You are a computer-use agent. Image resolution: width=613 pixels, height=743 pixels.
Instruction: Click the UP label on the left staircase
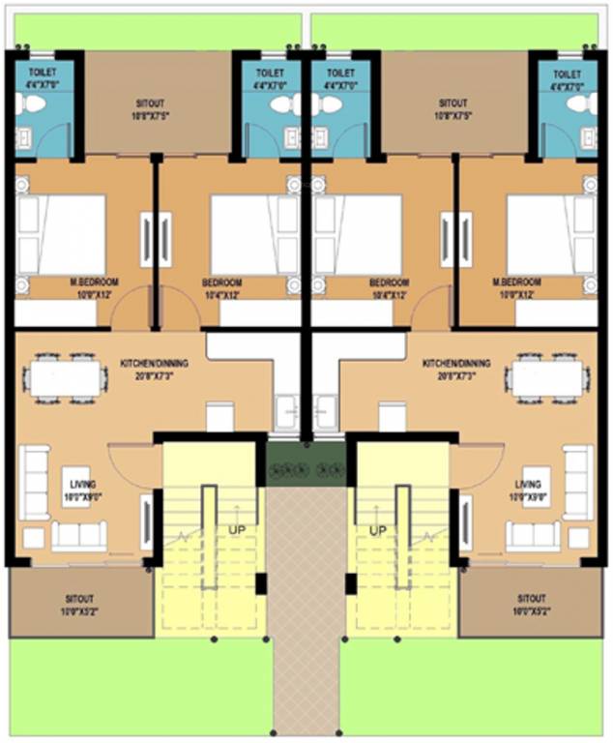[x=236, y=530]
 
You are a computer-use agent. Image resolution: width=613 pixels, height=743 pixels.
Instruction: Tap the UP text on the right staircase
[x=377, y=530]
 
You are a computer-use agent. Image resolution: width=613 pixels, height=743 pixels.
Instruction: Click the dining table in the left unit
[x=65, y=378]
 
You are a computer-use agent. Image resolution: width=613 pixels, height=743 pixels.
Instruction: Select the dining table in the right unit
[x=547, y=378]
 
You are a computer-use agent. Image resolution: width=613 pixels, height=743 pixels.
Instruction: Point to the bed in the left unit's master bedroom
[x=63, y=235]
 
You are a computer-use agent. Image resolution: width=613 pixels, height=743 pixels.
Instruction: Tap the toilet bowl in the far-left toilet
[x=25, y=105]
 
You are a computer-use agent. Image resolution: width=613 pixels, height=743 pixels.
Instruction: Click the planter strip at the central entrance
[x=306, y=469]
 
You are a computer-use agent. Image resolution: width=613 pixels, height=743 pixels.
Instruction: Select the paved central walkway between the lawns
[x=306, y=619]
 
